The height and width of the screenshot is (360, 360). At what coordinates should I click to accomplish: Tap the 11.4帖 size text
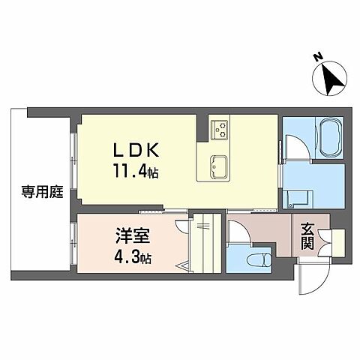click(x=135, y=170)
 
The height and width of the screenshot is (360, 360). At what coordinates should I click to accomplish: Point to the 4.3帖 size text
click(x=133, y=259)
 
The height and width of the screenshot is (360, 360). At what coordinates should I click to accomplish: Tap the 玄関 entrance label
click(x=308, y=238)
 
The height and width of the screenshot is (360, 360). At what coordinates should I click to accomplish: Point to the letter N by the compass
click(x=317, y=58)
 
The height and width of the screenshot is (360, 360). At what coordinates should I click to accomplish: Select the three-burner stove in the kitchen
click(x=220, y=129)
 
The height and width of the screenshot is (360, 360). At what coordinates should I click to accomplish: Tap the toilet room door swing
click(x=238, y=233)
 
